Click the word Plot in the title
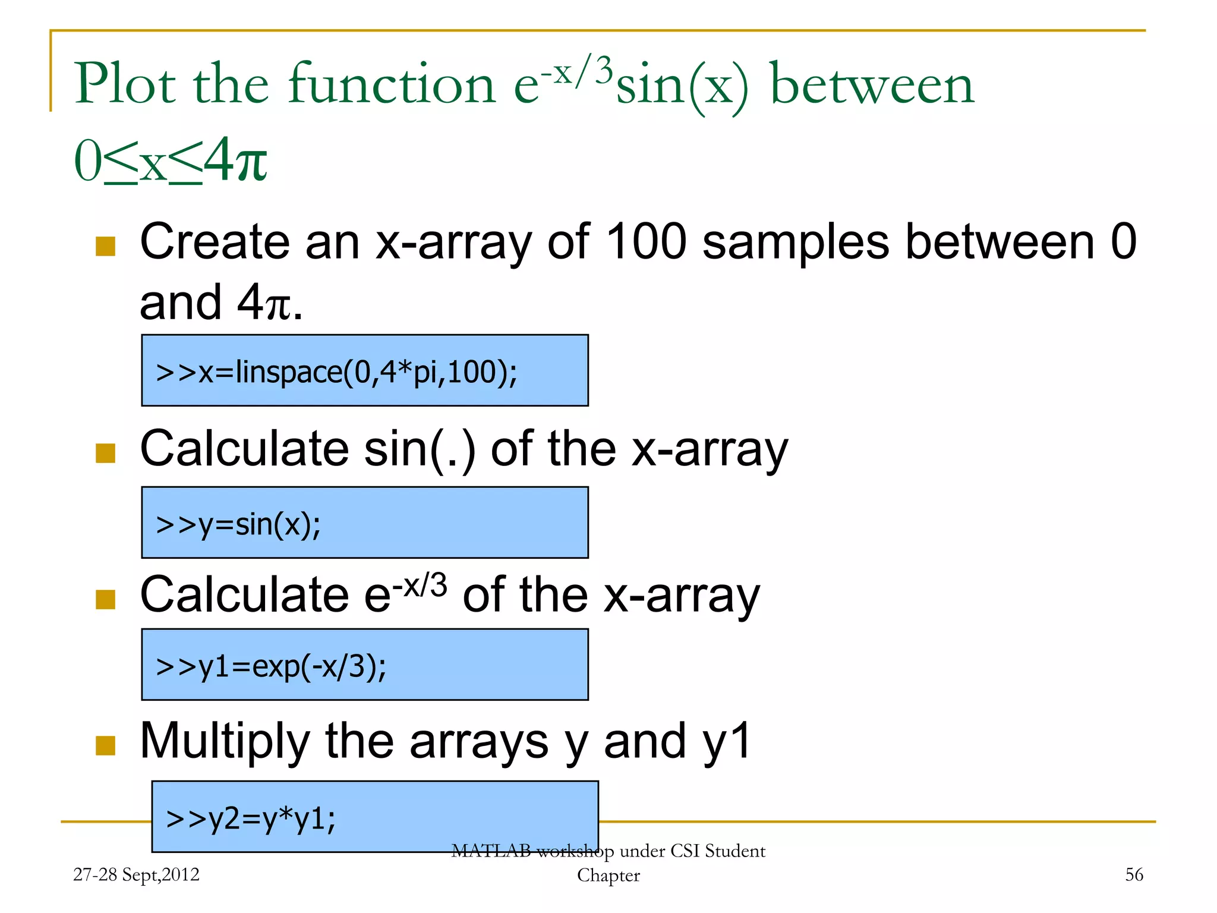(x=125, y=84)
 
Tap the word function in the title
(x=392, y=84)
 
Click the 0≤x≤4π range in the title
(x=171, y=160)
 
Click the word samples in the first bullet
(x=796, y=242)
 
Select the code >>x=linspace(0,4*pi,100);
(x=336, y=373)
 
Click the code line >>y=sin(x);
(x=238, y=525)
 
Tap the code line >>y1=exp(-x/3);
(x=271, y=666)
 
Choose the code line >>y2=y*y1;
(x=251, y=818)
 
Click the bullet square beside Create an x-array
(x=106, y=246)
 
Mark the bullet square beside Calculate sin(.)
(x=106, y=453)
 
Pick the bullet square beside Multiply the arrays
(x=106, y=745)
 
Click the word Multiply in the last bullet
(x=225, y=741)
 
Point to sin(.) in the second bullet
(x=420, y=450)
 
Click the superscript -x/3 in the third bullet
(x=420, y=585)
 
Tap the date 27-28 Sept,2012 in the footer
(x=136, y=874)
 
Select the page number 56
(x=1134, y=874)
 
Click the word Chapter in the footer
(x=608, y=876)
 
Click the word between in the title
(x=872, y=84)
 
